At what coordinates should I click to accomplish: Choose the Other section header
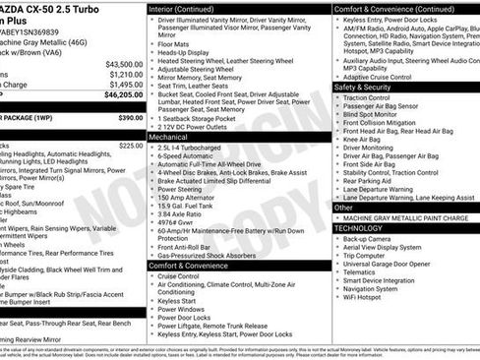click(344, 208)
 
